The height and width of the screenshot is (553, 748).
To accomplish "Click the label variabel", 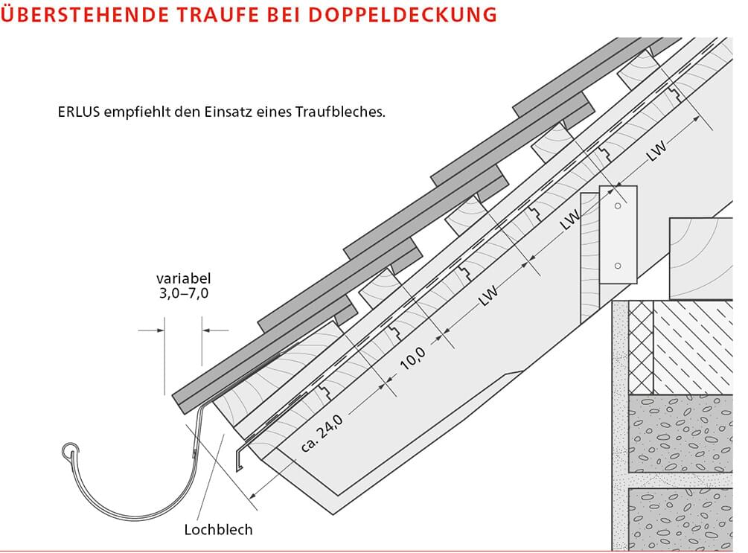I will (x=179, y=278).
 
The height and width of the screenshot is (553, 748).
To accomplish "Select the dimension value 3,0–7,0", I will (x=179, y=293).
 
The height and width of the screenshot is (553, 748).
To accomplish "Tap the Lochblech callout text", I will (x=218, y=530).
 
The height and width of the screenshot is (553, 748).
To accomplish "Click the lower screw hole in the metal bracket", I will (x=617, y=266).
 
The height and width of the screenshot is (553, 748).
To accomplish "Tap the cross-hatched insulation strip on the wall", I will (x=641, y=348).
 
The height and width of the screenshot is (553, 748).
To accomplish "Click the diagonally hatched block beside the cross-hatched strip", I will (x=693, y=348).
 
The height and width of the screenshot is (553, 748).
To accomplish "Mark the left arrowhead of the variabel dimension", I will (x=159, y=329).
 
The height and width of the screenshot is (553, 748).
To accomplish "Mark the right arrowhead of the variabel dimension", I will (x=206, y=329).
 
